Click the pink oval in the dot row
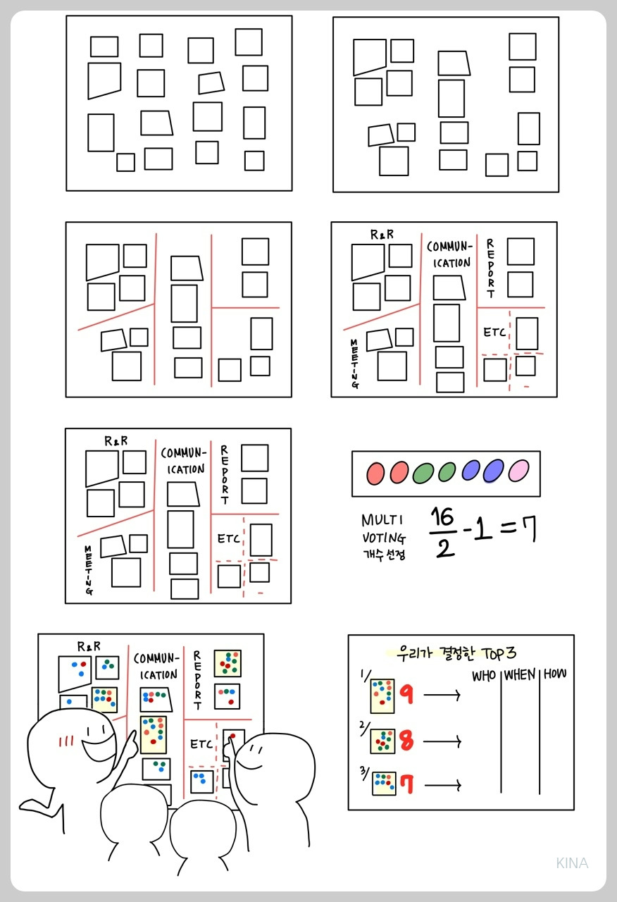518,470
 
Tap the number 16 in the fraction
442,517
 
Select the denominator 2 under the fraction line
445,548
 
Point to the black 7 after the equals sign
530,529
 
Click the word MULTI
382,520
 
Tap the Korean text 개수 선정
384,555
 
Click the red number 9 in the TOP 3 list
406,694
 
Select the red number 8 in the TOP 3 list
406,740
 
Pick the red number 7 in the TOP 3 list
407,784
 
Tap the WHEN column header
520,674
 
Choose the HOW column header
555,674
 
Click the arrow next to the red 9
442,695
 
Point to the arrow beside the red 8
443,741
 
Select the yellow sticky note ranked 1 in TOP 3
382,696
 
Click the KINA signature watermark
572,863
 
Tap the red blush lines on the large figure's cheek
66,741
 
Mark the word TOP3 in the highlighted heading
499,653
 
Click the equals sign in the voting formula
509,528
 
